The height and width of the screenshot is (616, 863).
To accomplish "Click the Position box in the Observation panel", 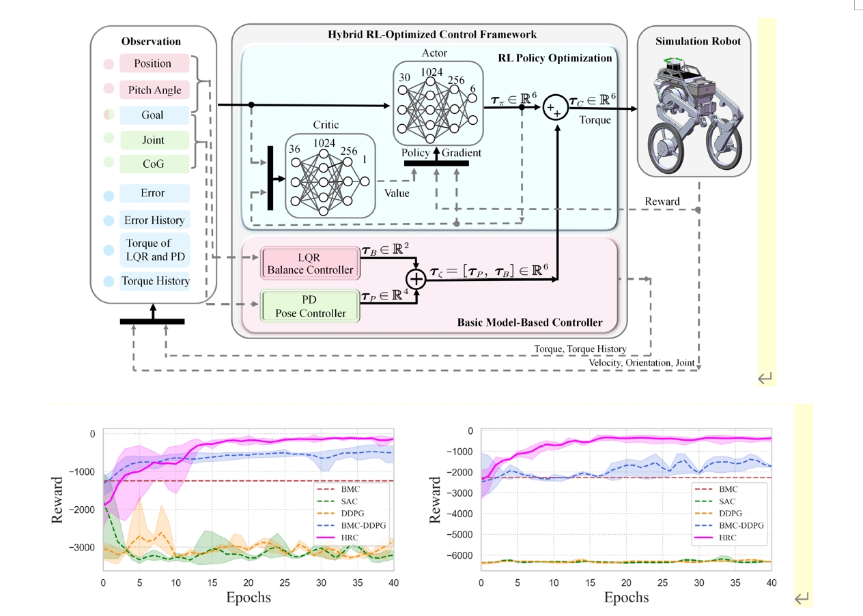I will [x=154, y=63].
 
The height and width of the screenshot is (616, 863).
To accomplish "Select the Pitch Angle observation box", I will [x=154, y=90].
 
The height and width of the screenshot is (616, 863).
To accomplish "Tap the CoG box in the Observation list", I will [x=153, y=164].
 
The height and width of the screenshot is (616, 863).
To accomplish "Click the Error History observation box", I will [x=154, y=220].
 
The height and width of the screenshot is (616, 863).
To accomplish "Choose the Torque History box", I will [x=154, y=281].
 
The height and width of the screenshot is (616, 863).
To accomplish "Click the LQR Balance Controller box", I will [x=311, y=263].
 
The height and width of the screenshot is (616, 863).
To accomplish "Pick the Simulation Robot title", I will [x=693, y=42].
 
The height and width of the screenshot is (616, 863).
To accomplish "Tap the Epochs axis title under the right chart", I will [x=626, y=598].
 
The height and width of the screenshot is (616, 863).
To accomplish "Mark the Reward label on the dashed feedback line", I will [x=662, y=201].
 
